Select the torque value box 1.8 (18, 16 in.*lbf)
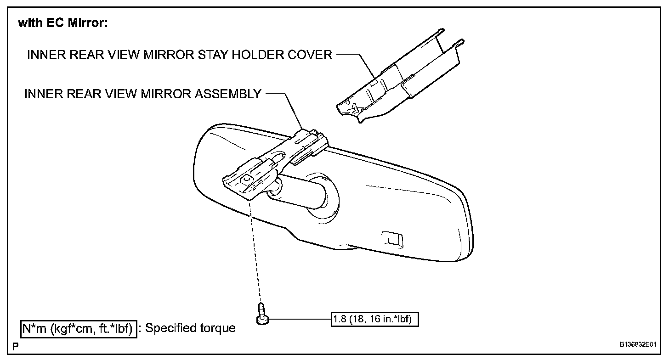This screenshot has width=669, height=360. pos(374,319)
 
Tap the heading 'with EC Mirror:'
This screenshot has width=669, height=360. pos(62,23)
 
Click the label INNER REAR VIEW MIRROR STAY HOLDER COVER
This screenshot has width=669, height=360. pos(180,55)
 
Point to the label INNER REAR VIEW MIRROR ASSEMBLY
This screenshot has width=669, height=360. pos(143,94)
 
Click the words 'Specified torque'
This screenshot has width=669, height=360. pos(190,328)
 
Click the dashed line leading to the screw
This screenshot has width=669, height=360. pos(255,253)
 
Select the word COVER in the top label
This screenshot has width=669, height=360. pos(311,55)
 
